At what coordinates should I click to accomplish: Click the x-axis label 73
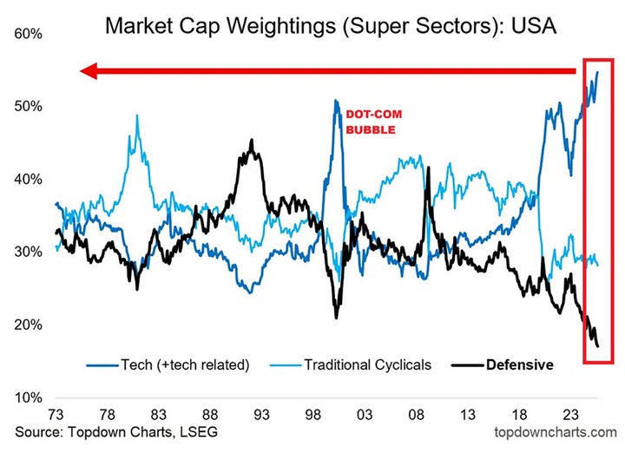coord(56,415)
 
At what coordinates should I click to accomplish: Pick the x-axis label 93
coord(260,415)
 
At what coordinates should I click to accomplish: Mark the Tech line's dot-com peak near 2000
coord(335,101)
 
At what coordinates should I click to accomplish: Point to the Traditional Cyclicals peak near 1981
coord(136,115)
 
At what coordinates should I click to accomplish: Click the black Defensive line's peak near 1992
coord(252,141)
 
